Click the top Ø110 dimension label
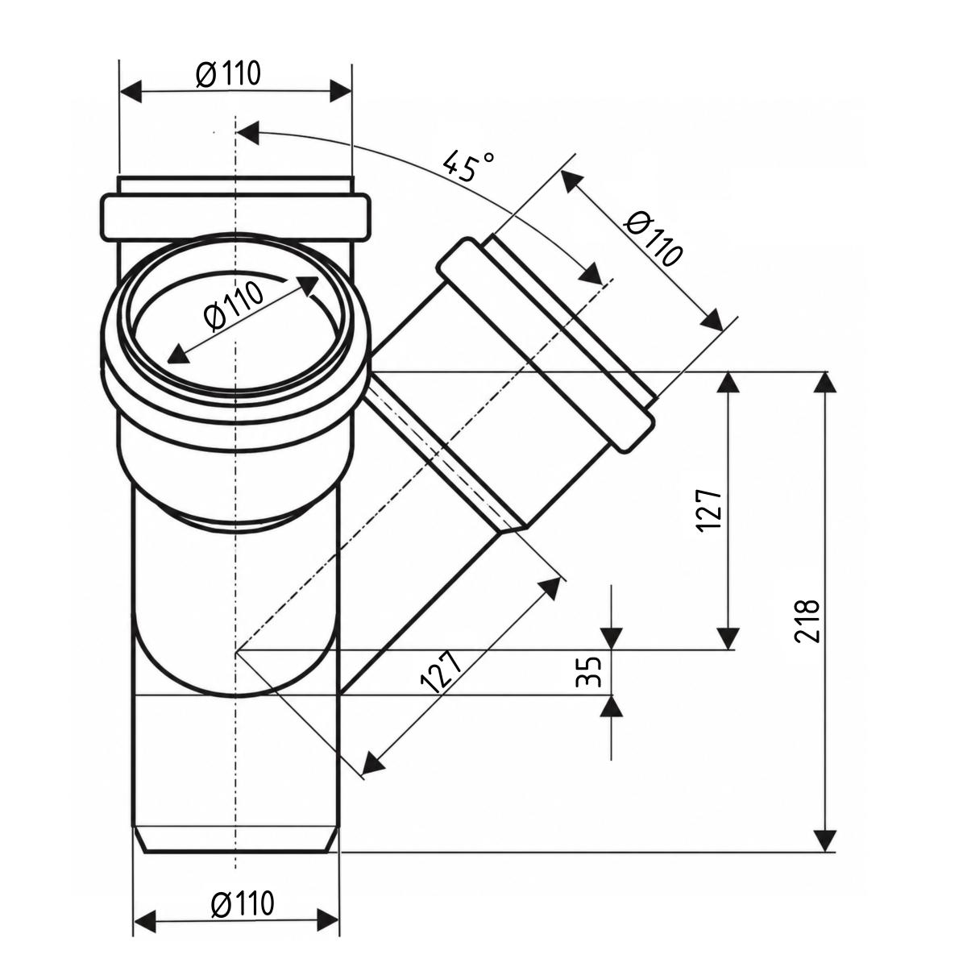coord(228,74)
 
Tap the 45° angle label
coord(469,165)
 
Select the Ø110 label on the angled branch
coord(653,238)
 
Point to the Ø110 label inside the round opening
coord(234,306)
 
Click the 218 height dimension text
coord(807,620)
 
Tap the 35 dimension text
coord(590,671)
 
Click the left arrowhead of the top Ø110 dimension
coord(130,91)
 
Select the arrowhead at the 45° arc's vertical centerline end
coord(247,133)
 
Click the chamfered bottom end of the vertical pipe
coord(235,841)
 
